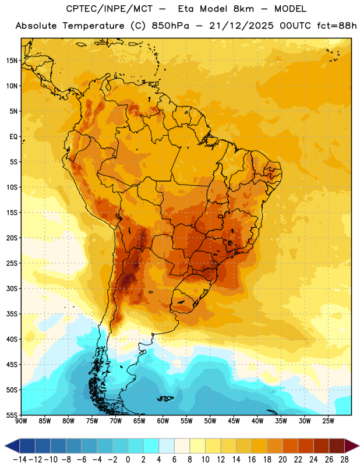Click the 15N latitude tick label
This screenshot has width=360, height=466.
click(x=12, y=61)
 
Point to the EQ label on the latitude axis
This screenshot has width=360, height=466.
click(x=13, y=137)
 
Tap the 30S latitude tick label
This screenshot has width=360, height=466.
click(x=12, y=288)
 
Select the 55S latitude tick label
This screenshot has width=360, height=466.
click(x=12, y=415)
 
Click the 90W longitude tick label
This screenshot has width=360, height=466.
click(x=21, y=421)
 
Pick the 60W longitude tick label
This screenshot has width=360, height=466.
click(x=163, y=421)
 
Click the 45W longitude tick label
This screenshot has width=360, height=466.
click(x=234, y=421)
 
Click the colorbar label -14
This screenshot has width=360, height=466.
click(x=20, y=460)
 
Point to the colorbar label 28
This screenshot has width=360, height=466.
click(x=344, y=460)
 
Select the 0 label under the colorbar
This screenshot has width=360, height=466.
click(x=128, y=460)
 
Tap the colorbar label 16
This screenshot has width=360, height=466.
click(x=252, y=460)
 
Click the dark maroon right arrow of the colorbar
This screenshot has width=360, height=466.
click(x=351, y=446)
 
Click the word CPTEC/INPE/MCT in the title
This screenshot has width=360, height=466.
click(x=110, y=9)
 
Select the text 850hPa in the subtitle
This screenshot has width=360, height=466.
click(x=170, y=26)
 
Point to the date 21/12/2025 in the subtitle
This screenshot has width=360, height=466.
click(x=241, y=26)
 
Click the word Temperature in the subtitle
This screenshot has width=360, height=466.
click(x=93, y=26)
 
